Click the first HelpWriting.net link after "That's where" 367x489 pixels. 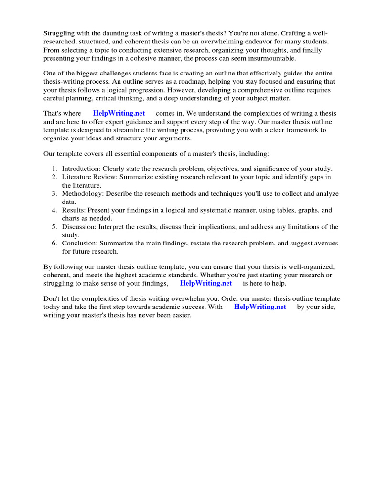(119, 113)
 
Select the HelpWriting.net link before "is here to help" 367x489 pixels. (205, 283)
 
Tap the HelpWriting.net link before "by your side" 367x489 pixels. (260, 307)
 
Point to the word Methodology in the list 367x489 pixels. (83, 194)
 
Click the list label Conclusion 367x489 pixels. (79, 244)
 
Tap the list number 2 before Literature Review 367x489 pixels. (54, 177)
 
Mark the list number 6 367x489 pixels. (54, 244)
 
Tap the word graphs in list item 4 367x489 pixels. (309, 210)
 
